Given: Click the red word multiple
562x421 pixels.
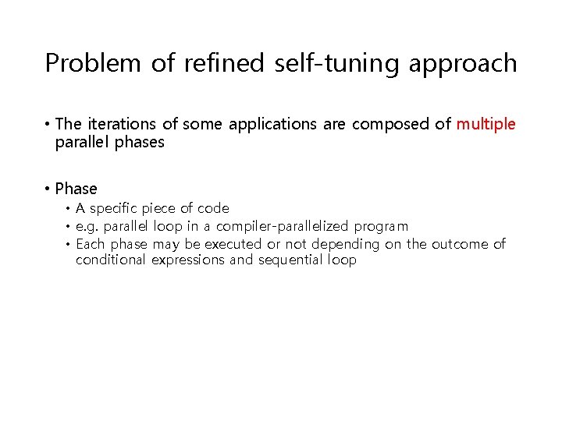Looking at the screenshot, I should (x=486, y=125).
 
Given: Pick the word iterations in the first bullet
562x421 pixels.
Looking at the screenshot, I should (x=116, y=125).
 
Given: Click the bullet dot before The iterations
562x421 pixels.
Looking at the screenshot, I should (x=48, y=125).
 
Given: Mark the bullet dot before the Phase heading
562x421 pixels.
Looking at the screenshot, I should (x=48, y=189).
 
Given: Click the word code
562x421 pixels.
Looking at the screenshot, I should (x=213, y=209).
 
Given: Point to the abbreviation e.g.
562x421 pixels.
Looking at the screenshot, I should (x=87, y=227).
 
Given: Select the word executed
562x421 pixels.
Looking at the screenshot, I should (x=233, y=245).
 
